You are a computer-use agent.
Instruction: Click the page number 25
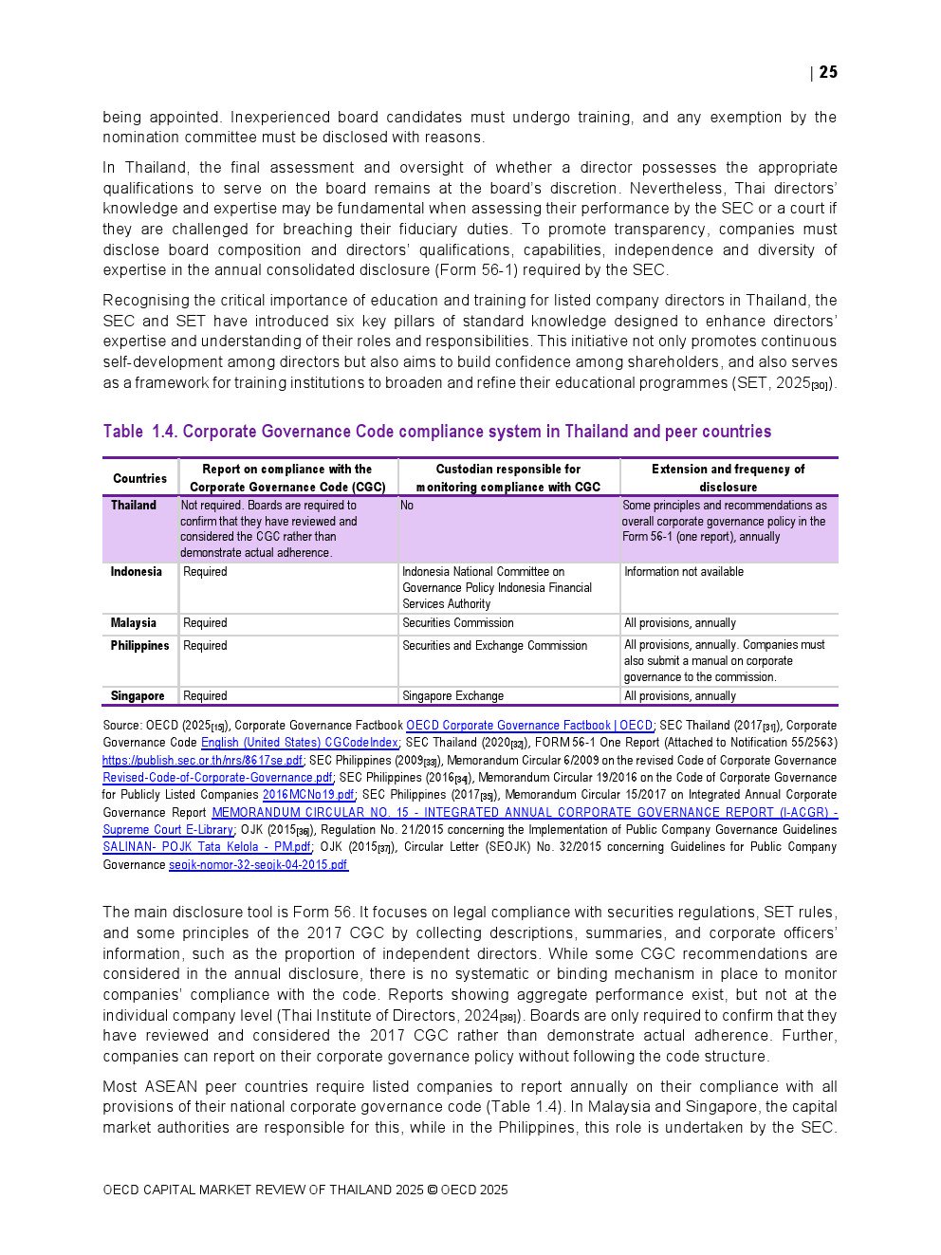(828, 72)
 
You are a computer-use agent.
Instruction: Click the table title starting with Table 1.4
(436, 432)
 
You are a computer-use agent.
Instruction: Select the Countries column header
(139, 478)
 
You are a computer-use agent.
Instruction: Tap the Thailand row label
(134, 506)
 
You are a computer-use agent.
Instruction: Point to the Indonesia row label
(136, 572)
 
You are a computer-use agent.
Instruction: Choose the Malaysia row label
(133, 623)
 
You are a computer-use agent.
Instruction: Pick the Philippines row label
(139, 646)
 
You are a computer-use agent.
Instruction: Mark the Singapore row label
(137, 696)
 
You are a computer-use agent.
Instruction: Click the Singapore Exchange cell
(452, 696)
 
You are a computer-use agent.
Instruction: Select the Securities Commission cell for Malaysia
(457, 623)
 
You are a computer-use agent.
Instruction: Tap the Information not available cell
(683, 572)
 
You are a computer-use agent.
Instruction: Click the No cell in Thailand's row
(407, 506)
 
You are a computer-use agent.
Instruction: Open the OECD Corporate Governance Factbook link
(529, 726)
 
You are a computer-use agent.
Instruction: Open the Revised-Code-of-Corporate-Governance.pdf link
(217, 778)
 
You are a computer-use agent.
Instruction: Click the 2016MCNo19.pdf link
(308, 795)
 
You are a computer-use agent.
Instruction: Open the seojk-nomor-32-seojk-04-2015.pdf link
(258, 865)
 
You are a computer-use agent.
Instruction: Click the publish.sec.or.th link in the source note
(202, 761)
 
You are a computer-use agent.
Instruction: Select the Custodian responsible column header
(508, 478)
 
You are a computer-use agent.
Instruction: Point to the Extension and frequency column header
(728, 478)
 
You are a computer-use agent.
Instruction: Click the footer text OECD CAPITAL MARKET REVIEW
(304, 1190)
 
